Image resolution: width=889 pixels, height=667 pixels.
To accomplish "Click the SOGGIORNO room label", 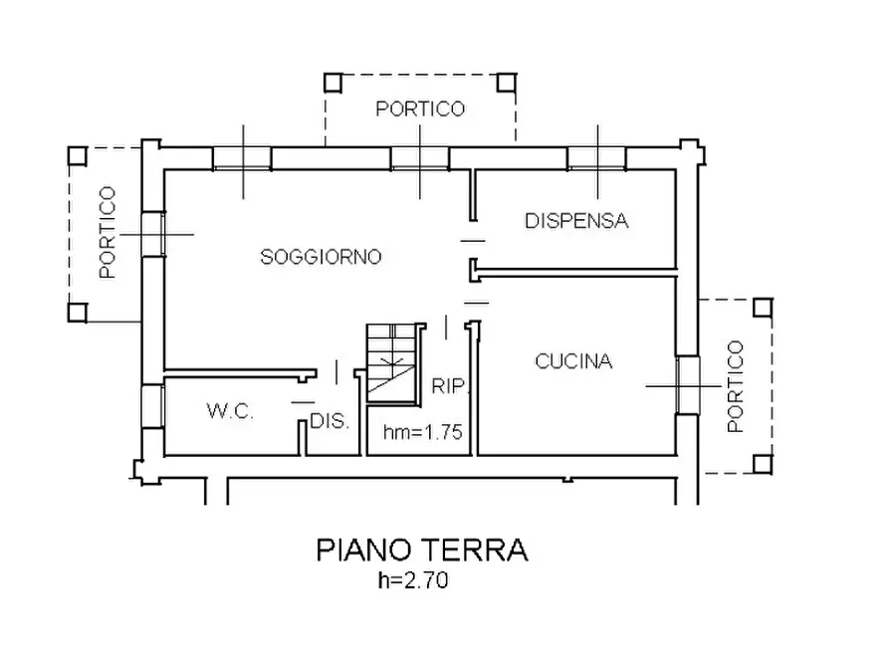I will (x=322, y=257).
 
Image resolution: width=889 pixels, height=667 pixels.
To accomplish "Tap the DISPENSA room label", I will (x=577, y=221).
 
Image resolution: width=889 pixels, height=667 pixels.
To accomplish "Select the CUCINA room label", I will (x=573, y=361).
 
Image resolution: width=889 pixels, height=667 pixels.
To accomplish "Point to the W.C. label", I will (x=231, y=410).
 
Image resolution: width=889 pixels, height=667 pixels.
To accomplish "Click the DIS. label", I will (x=330, y=421).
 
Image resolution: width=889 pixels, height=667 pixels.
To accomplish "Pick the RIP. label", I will (x=449, y=386).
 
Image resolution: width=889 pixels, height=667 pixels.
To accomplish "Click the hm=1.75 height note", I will (x=423, y=432).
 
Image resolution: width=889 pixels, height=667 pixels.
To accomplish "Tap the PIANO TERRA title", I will (x=422, y=550).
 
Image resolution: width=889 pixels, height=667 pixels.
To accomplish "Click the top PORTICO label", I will (x=420, y=110).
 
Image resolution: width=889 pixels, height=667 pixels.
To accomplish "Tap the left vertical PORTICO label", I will (x=108, y=232).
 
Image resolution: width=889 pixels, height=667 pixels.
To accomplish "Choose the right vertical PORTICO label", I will (x=735, y=386).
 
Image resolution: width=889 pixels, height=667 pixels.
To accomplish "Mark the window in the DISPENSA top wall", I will (x=597, y=157).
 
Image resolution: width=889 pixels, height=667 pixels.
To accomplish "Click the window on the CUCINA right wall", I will (x=685, y=384).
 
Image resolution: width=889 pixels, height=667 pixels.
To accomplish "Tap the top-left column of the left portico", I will (x=77, y=155).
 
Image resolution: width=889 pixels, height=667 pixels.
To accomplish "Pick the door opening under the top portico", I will (x=420, y=157).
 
